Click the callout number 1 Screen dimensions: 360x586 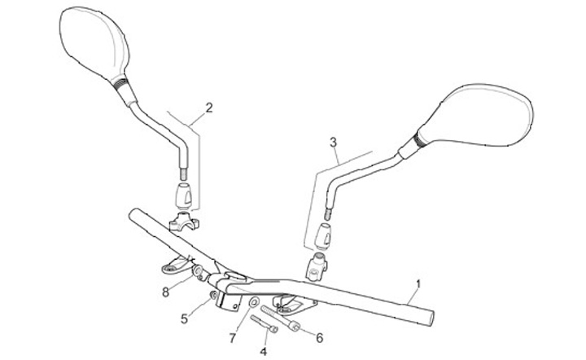418,284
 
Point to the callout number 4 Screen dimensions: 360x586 263,351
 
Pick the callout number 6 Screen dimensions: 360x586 319,337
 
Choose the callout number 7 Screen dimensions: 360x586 232,336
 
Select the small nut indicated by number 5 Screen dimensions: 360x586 213,295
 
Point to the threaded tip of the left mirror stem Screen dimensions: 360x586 183,174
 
